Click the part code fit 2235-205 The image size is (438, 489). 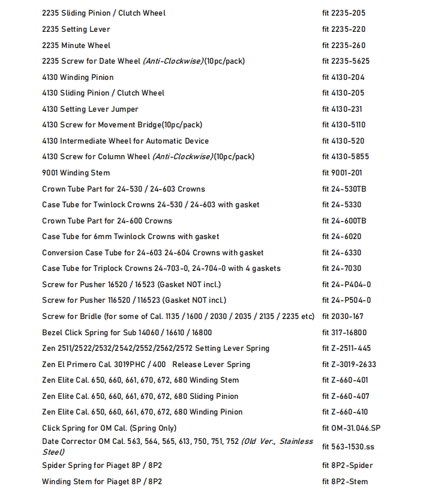point(343,13)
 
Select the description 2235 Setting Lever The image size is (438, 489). point(76,29)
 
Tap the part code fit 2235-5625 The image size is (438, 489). point(346,61)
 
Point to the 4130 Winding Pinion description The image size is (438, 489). point(78,77)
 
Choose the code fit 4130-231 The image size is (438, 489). point(343,109)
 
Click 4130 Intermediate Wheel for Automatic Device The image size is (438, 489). point(125,141)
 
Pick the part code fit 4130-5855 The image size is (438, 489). point(346,157)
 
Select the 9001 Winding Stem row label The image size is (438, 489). point(76,173)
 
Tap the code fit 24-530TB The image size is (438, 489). point(344,189)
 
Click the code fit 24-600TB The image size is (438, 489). point(344,221)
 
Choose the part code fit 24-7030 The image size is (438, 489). point(341,269)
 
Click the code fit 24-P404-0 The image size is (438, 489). point(346,285)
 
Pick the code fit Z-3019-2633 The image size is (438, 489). point(349,365)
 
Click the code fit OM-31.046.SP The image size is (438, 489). point(351,428)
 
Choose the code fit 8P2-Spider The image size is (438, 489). point(347,466)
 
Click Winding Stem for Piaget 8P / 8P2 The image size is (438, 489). point(102,482)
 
